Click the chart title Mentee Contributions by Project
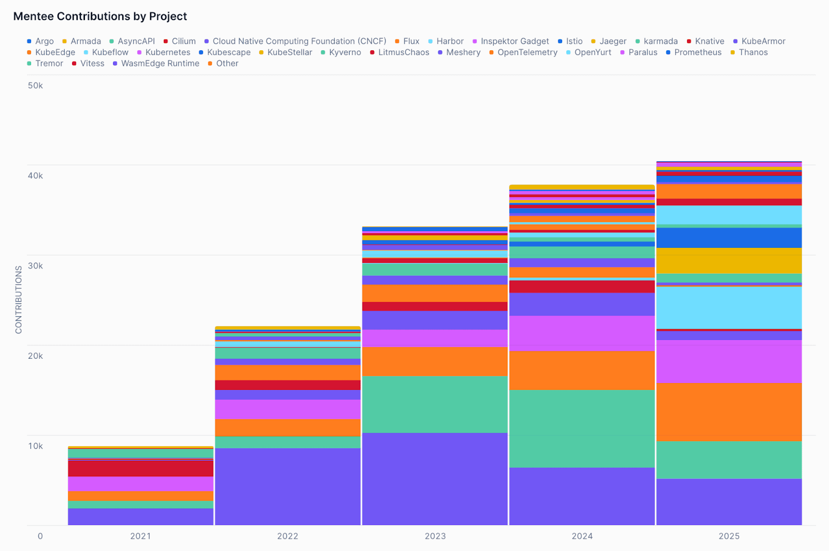tap(100, 16)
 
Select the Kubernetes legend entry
tap(167, 52)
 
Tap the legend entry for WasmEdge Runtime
tap(160, 63)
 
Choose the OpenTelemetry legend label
tap(527, 52)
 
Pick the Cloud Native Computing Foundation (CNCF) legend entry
tap(299, 41)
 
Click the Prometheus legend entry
tap(697, 52)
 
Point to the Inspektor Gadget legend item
tap(514, 41)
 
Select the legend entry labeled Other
tap(227, 63)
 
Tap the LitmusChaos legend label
tap(403, 52)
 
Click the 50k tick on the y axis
tap(35, 86)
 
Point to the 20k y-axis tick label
tap(35, 356)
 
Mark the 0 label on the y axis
tap(40, 536)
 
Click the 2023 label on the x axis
tap(435, 536)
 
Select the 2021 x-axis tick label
tap(140, 536)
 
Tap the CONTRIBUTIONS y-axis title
tap(19, 300)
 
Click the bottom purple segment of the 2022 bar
tap(288, 486)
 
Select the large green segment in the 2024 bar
tap(582, 428)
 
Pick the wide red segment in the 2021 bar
tap(140, 469)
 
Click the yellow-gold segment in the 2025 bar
tap(729, 260)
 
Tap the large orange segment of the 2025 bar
tap(729, 412)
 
